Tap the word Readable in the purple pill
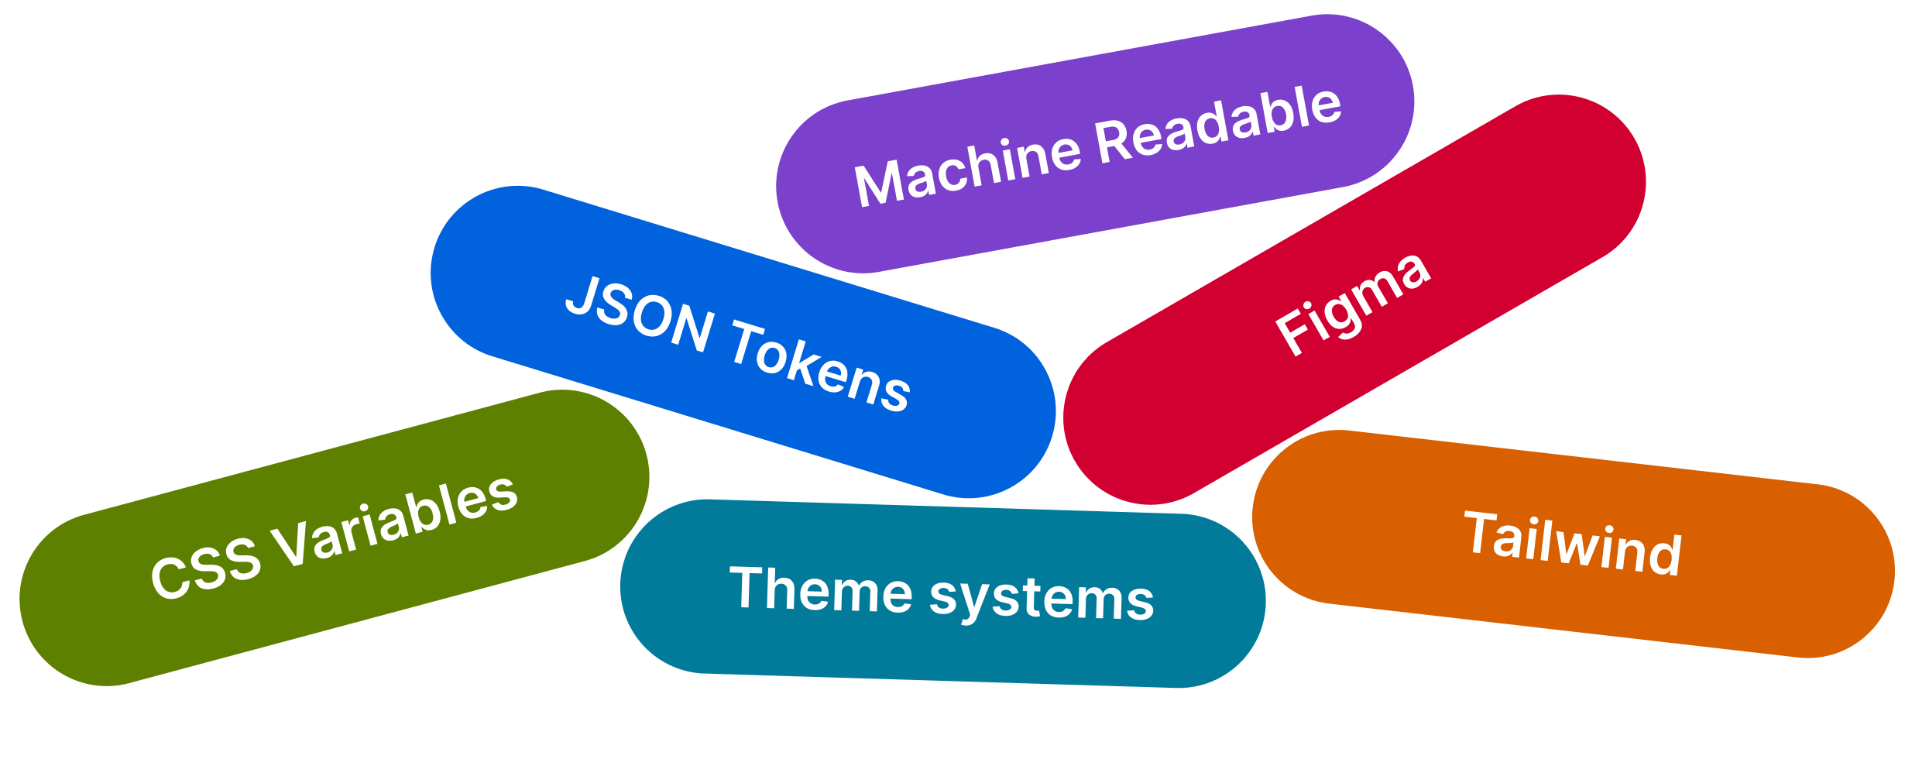[1219, 124]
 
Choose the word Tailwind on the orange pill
[1573, 544]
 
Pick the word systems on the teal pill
[1042, 598]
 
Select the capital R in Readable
[1114, 142]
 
